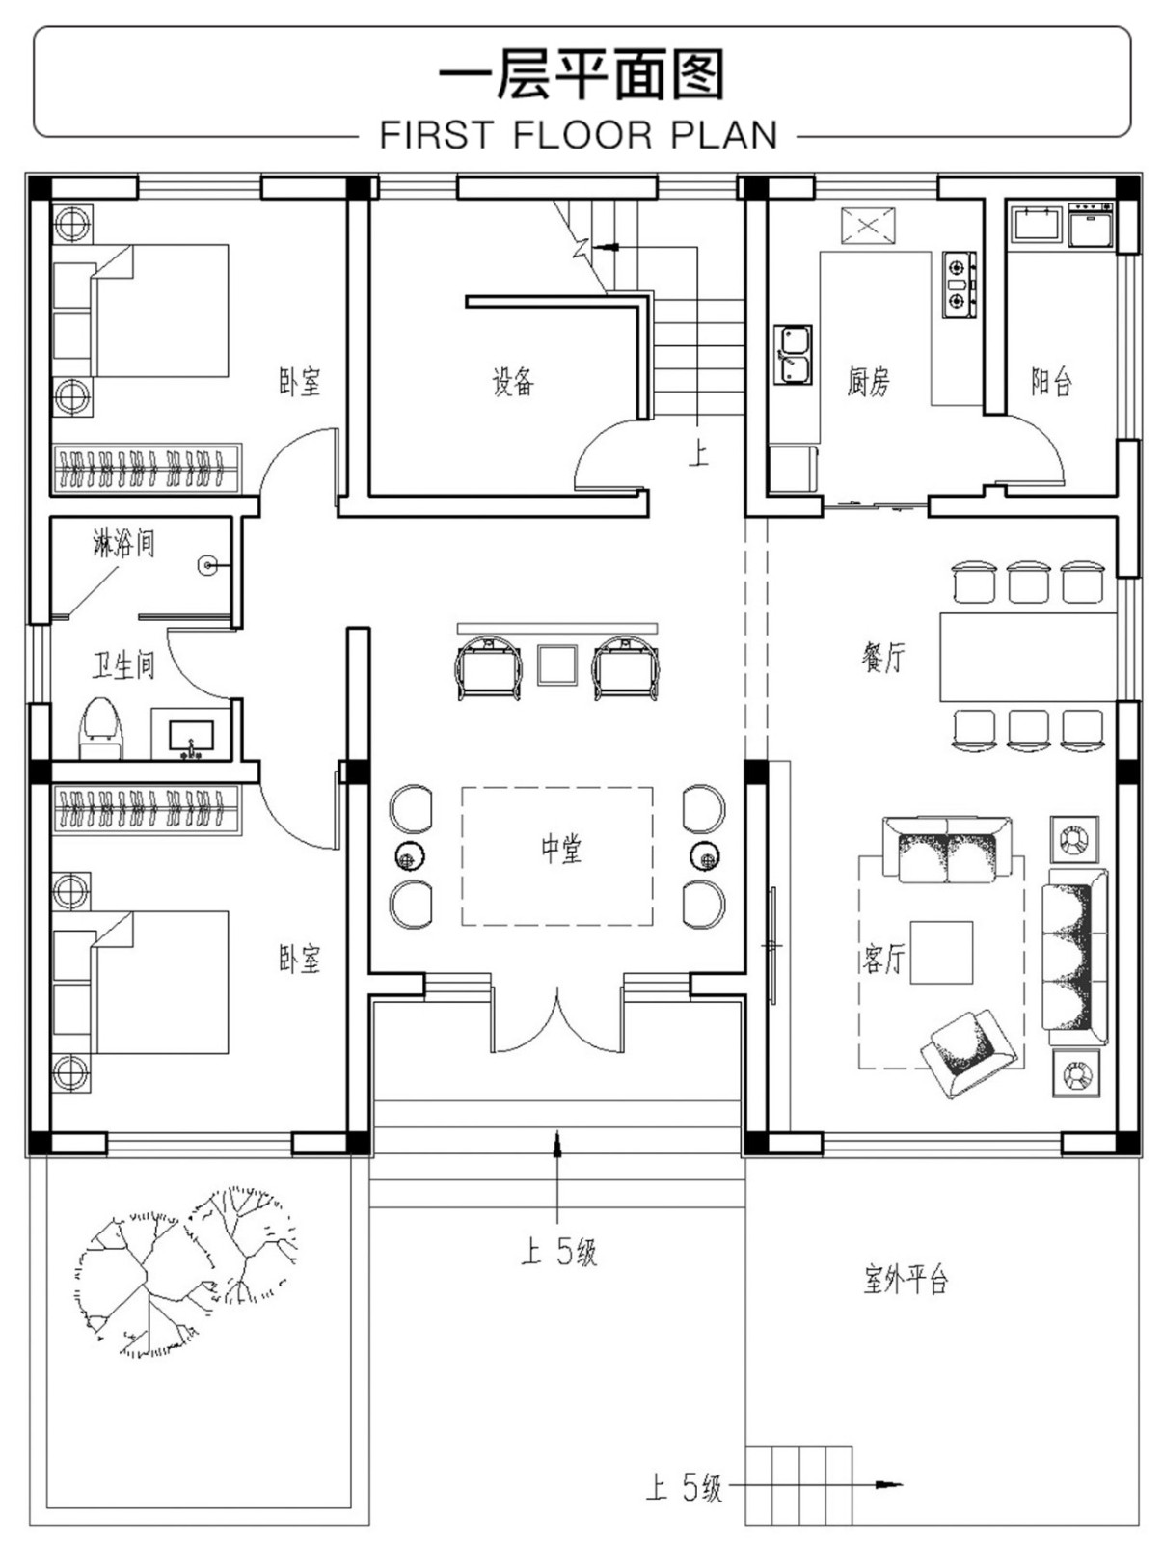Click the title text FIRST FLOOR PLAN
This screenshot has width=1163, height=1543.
point(578,134)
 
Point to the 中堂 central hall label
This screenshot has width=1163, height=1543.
point(561,849)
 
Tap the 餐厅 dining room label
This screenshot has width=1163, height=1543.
point(882,658)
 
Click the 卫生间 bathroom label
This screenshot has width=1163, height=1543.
point(123,665)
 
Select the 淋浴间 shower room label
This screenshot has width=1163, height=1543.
point(123,543)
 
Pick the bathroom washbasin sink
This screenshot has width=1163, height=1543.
point(190,735)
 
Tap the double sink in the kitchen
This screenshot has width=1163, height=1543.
point(793,354)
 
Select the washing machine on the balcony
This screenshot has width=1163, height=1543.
point(1091,224)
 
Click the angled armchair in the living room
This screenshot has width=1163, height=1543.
point(967,1051)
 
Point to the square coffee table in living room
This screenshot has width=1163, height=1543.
point(941,953)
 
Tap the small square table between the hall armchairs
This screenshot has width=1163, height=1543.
point(557,664)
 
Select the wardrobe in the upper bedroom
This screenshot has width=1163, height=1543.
point(148,468)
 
